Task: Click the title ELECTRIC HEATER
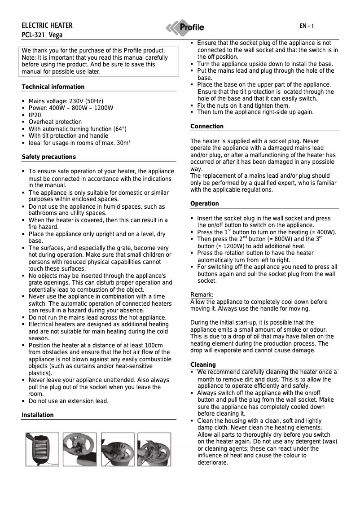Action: click(x=47, y=25)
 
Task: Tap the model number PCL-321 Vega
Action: click(x=42, y=35)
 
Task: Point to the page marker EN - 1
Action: click(x=307, y=26)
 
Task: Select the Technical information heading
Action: click(x=53, y=87)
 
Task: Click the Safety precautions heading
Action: click(x=48, y=157)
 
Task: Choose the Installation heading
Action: click(x=38, y=415)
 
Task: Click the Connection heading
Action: click(x=206, y=126)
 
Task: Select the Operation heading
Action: click(x=204, y=203)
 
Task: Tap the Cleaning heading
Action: click(x=203, y=364)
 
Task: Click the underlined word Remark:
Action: click(x=202, y=294)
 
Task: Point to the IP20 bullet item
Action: click(x=35, y=115)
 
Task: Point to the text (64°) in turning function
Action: click(x=118, y=129)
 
